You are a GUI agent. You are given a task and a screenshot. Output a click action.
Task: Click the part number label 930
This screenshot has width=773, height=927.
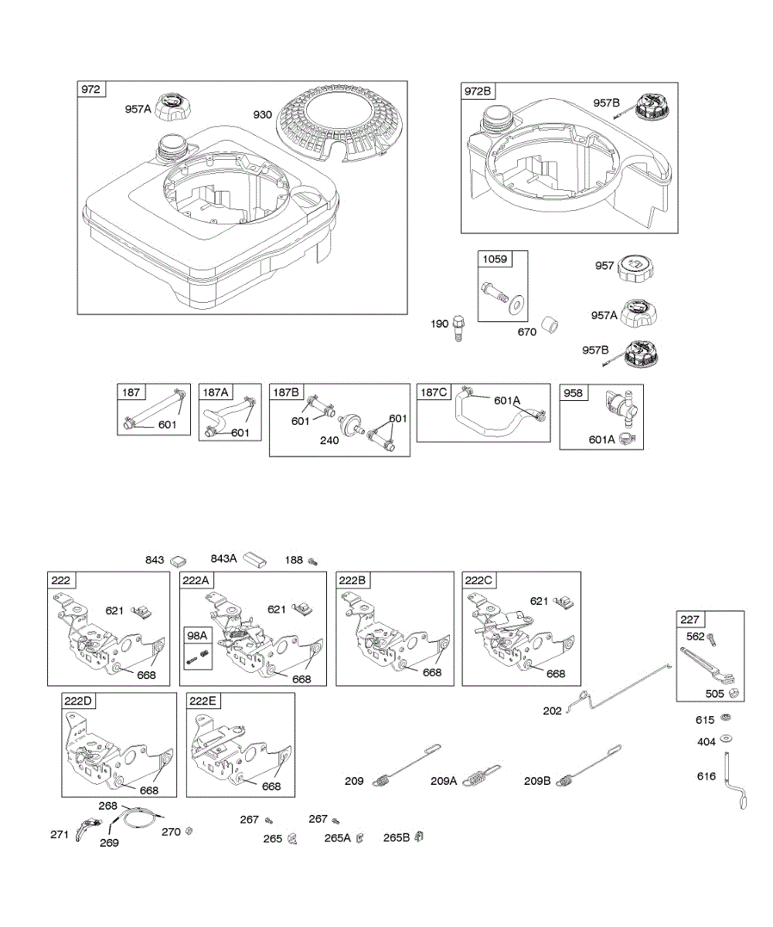tap(263, 114)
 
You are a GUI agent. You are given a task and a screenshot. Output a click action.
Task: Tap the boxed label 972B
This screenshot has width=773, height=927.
tap(478, 92)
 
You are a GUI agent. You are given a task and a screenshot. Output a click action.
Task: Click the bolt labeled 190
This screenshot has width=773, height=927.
tap(459, 326)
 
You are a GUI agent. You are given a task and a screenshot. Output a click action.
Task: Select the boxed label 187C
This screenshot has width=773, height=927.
tap(433, 392)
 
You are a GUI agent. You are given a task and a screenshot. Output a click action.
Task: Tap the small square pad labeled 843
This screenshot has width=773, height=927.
tap(179, 560)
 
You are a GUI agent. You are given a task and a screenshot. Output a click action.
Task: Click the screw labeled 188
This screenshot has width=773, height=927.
tap(313, 561)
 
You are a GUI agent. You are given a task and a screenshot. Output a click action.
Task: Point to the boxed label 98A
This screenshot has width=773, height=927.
tap(197, 635)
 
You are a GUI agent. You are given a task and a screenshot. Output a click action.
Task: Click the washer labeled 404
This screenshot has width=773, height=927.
tap(727, 740)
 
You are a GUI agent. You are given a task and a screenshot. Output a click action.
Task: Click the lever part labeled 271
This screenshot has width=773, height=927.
tap(88, 831)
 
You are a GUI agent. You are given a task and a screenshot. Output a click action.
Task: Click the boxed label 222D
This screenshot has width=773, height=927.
tap(78, 701)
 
